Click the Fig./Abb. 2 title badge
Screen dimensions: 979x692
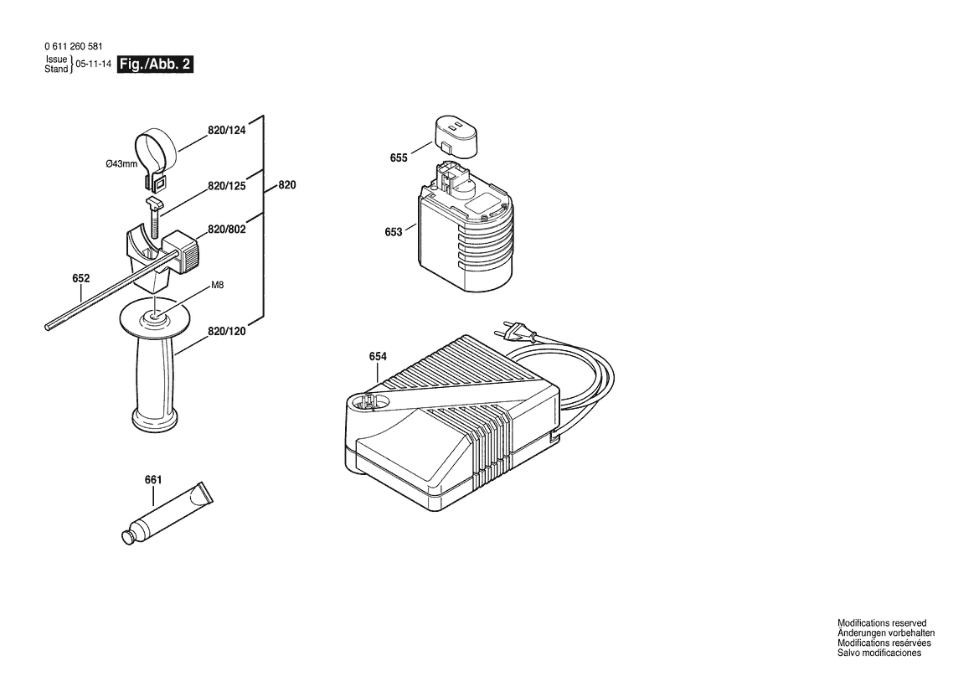tap(156, 65)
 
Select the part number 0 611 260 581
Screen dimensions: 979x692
tap(74, 46)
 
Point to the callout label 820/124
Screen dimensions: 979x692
tap(227, 131)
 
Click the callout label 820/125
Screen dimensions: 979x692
tap(227, 186)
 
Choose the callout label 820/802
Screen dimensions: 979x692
tap(227, 230)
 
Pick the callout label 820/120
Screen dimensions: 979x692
tap(227, 331)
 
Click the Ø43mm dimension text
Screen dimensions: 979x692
tap(121, 164)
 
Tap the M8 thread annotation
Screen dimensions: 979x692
tap(217, 286)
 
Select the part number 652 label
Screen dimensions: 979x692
tap(81, 278)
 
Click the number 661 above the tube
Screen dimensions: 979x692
tap(153, 480)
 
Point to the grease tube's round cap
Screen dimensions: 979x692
tap(128, 538)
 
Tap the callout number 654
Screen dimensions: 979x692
tap(378, 357)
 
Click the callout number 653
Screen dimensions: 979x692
tap(394, 232)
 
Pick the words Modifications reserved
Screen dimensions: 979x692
tap(882, 623)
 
